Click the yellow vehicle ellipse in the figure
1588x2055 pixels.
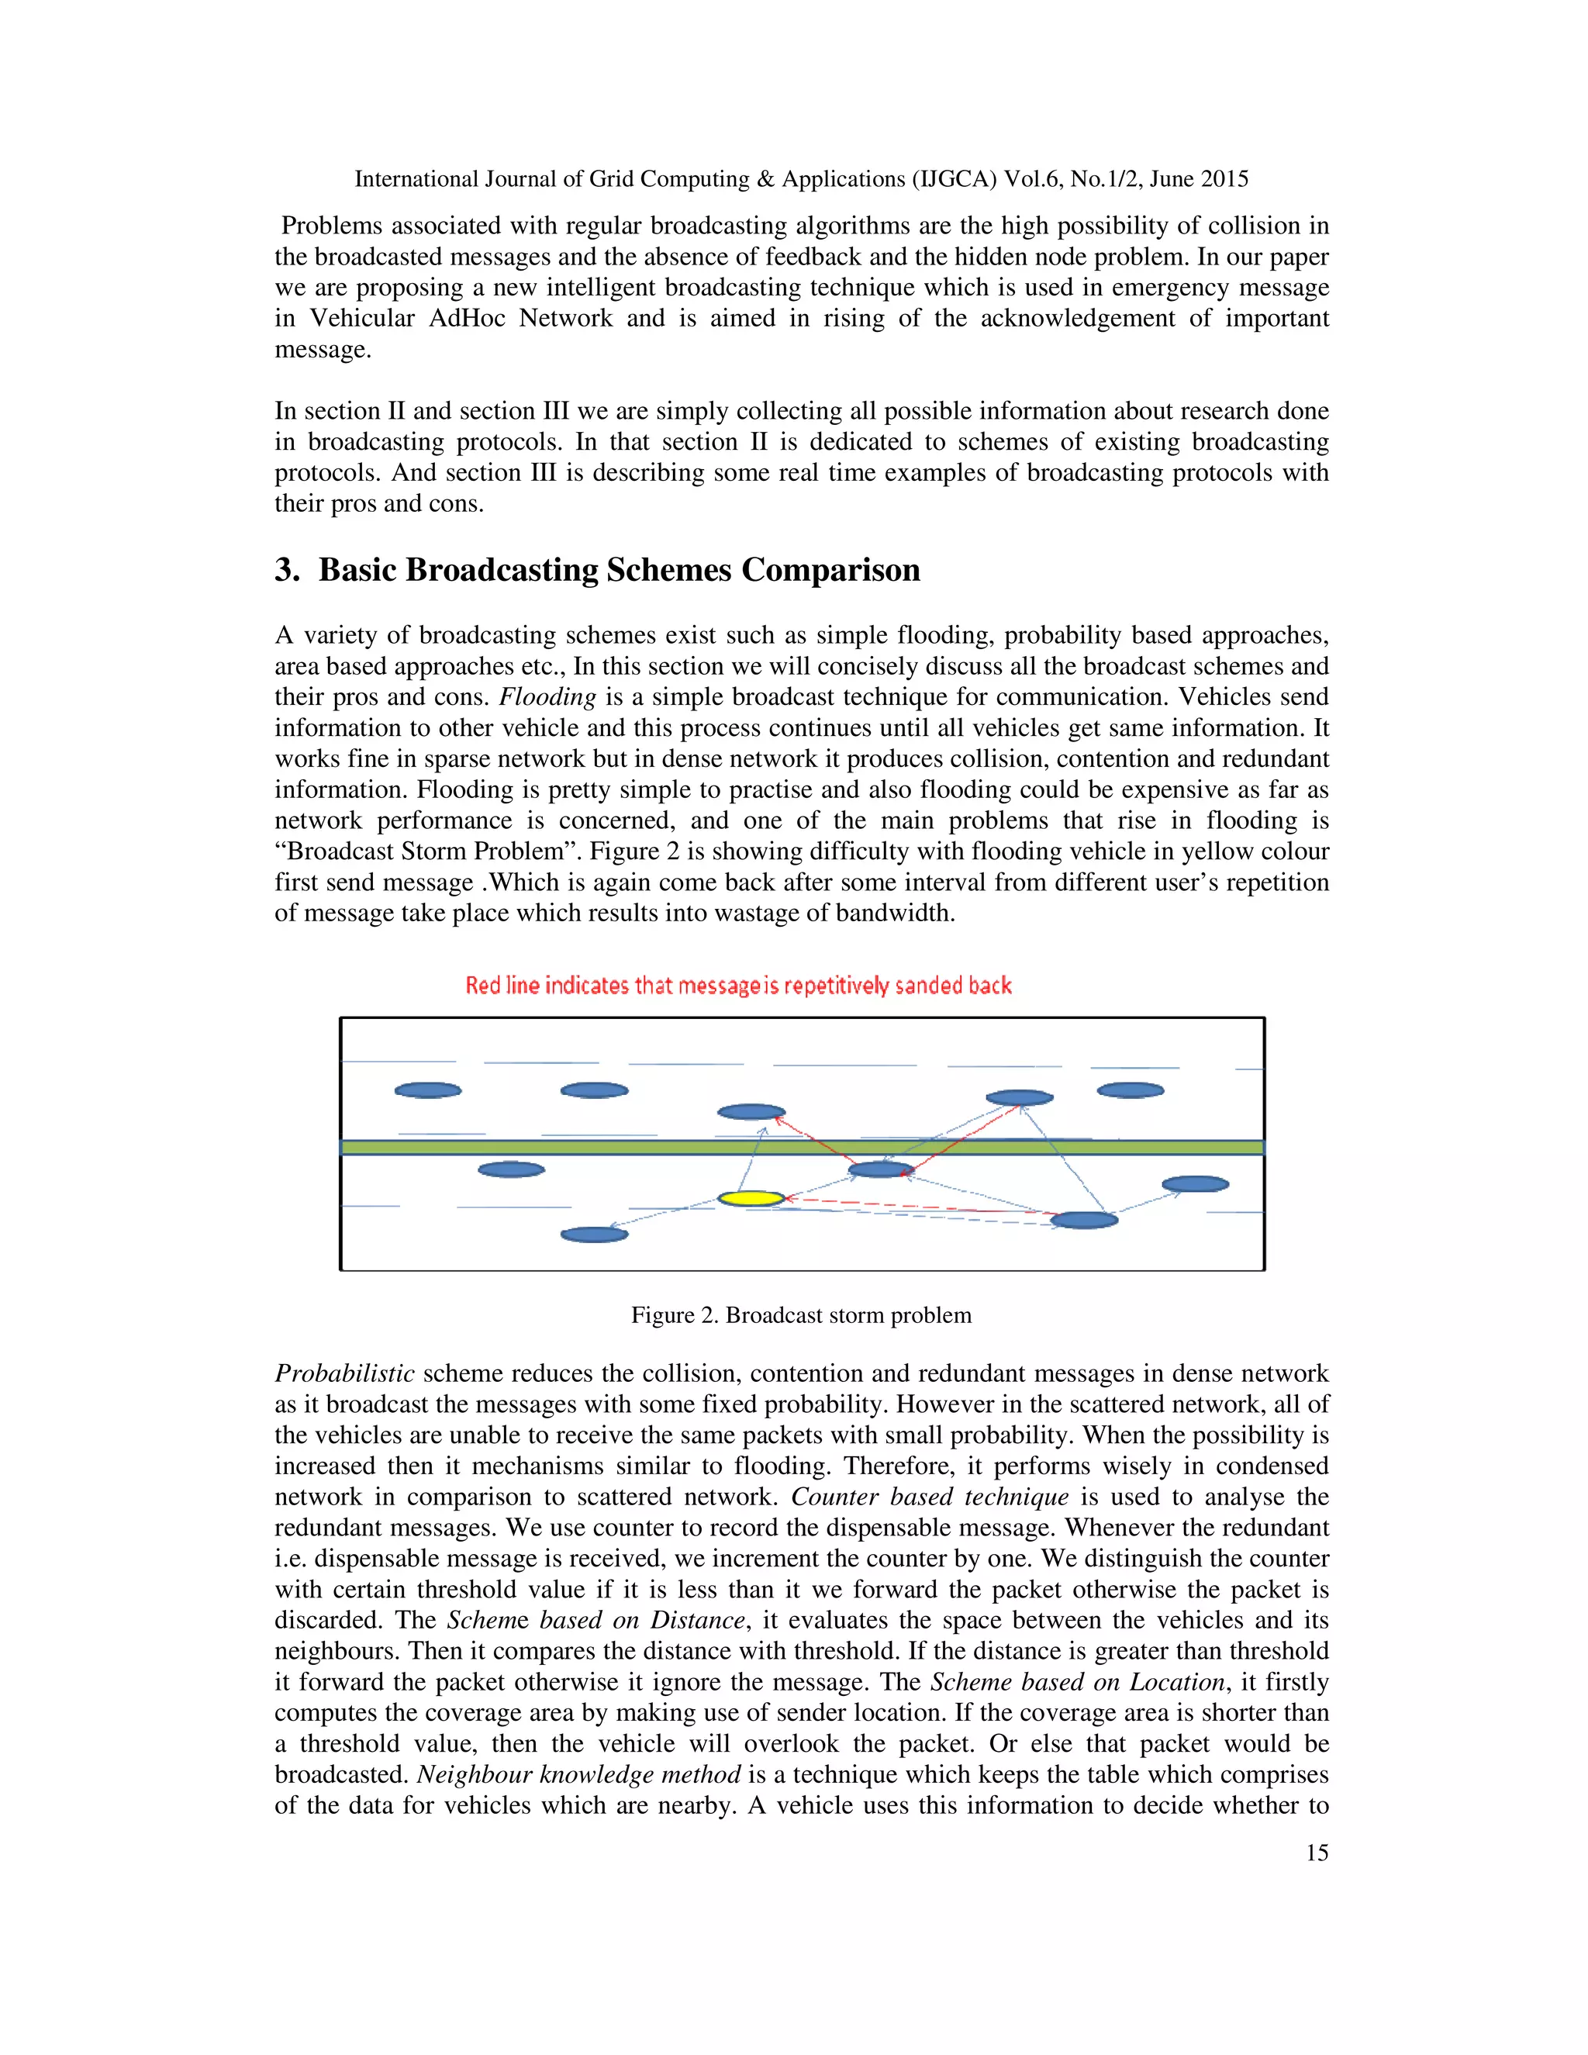(751, 1198)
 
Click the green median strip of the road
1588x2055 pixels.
(564, 1147)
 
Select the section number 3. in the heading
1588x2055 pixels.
(287, 570)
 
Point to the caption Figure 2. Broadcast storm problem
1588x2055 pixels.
(800, 1314)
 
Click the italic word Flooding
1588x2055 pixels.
(547, 697)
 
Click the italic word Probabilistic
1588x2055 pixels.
(344, 1374)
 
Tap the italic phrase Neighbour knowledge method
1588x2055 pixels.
(578, 1774)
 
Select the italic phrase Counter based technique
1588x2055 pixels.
(930, 1497)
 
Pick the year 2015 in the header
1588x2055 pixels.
(1225, 179)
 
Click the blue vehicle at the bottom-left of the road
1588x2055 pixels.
(594, 1234)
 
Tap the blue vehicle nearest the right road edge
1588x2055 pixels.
(1195, 1183)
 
